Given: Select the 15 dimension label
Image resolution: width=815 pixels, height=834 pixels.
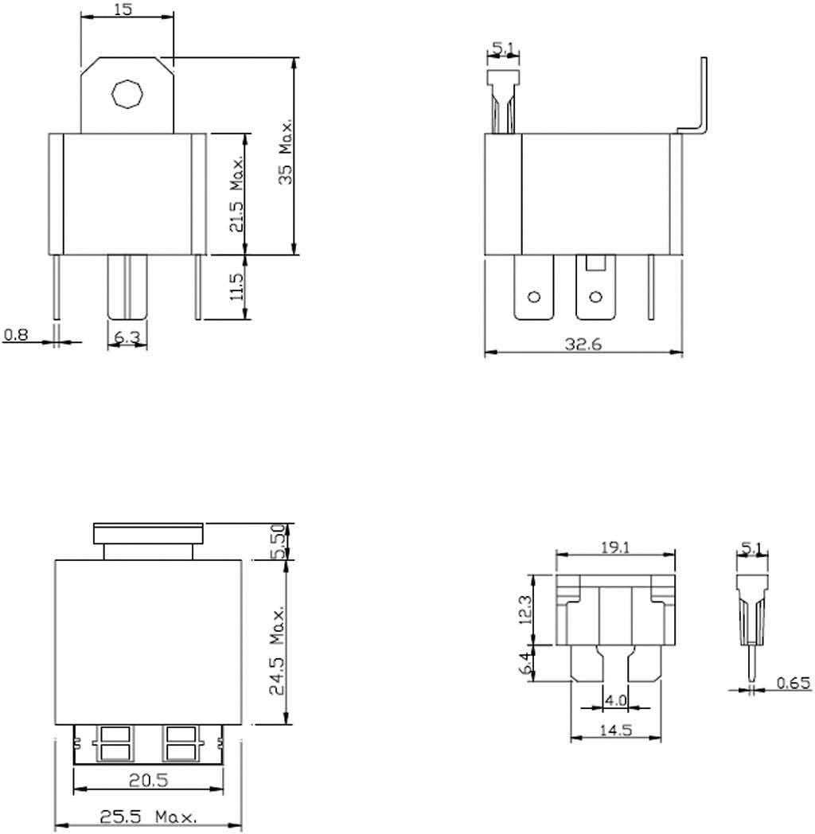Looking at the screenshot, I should tap(123, 10).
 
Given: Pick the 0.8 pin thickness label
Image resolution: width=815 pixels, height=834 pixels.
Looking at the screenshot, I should tap(15, 335).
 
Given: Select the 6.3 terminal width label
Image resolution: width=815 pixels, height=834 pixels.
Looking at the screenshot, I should tap(127, 337).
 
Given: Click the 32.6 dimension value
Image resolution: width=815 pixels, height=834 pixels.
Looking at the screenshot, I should tap(583, 345).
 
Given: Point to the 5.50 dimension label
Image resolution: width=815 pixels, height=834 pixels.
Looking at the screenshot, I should tap(279, 541).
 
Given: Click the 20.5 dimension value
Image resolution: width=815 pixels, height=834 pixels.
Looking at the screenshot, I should tap(149, 781).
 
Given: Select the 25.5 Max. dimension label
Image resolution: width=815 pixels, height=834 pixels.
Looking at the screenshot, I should tap(148, 817).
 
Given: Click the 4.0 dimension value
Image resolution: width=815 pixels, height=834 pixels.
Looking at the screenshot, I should tap(616, 701).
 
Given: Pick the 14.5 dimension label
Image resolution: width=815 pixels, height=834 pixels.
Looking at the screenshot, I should tap(615, 730).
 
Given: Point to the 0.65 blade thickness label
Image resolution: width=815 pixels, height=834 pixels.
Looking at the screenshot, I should tap(793, 684).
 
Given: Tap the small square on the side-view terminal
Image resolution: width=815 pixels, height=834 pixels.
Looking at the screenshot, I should tap(595, 263).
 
